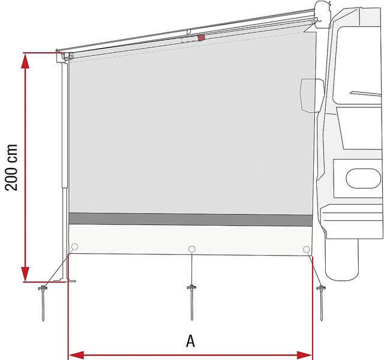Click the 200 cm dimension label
click(11, 167)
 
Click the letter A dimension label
click(191, 341)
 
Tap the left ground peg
click(43, 302)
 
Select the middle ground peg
click(192, 302)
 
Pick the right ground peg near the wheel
click(321, 302)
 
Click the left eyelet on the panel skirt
click(74, 247)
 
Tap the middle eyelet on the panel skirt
click(192, 249)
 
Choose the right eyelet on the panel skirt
click(306, 250)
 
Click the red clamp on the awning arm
click(201, 38)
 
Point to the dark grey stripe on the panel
click(191, 219)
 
